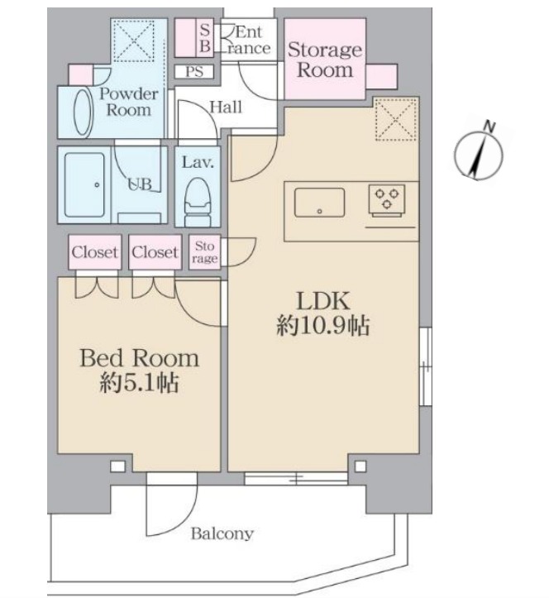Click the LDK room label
coord(323,301)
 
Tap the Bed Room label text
coord(140,358)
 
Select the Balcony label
coord(222,533)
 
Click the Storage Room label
coord(325,60)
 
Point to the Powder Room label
coord(129,102)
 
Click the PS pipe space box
coord(194,72)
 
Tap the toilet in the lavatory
coord(198,202)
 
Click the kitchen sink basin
coord(319,203)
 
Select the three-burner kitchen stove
coord(387,200)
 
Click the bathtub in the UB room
coord(84,185)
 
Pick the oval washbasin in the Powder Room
coord(84,112)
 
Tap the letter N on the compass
coord(489,127)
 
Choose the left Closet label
coord(95,252)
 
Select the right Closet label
coord(155,252)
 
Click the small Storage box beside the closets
coord(205,252)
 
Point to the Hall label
coord(226,108)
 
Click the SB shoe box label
coord(205,38)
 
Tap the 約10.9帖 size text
coord(323,327)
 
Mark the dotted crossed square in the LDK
coord(396,119)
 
